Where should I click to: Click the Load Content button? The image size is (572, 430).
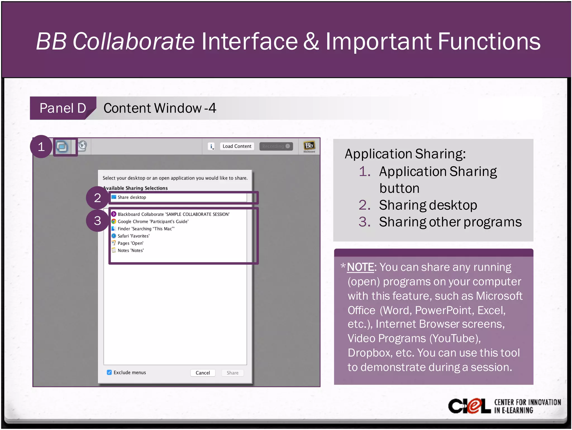(237, 146)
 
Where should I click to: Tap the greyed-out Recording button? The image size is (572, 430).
(276, 146)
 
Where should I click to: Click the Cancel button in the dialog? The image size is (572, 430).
(202, 373)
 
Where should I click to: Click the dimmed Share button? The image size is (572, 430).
(232, 373)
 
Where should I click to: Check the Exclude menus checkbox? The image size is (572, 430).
(109, 372)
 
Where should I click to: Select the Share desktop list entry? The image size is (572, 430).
(132, 197)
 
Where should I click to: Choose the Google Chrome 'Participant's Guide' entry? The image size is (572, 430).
(153, 222)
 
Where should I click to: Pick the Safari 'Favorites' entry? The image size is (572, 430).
(133, 236)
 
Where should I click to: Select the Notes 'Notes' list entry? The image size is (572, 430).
(130, 251)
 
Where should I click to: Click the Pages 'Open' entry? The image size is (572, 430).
(130, 243)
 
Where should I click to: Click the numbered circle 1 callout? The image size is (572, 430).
(41, 147)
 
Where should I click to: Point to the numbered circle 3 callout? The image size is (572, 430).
(97, 221)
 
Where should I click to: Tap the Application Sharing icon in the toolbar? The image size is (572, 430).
(62, 146)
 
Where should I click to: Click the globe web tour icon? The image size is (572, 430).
(82, 146)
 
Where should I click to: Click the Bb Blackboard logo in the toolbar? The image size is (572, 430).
(309, 146)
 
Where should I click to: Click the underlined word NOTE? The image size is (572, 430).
(360, 267)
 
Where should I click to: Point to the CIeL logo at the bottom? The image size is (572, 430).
(469, 406)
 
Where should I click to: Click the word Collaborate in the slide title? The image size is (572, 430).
(134, 41)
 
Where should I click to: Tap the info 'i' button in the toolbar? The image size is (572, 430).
(211, 146)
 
